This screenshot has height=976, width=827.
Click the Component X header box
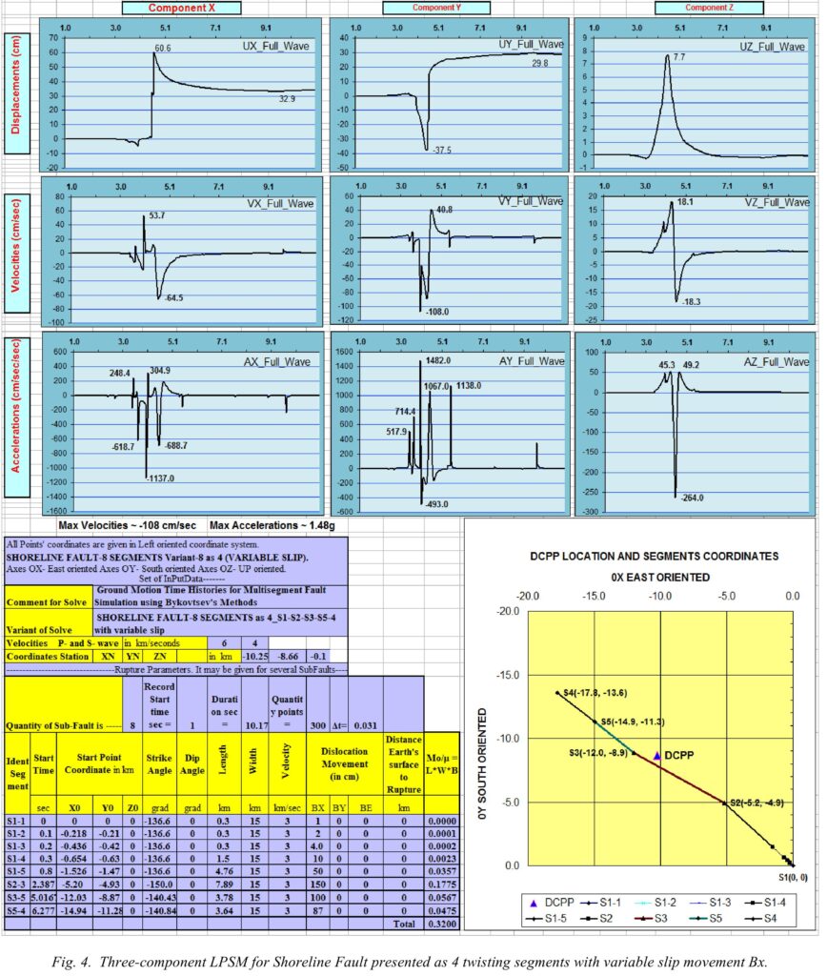tap(182, 9)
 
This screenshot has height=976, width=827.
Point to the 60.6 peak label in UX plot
tap(164, 47)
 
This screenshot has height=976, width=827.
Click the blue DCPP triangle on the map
tap(657, 755)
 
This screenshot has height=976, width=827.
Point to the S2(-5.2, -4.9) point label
tap(755, 803)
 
